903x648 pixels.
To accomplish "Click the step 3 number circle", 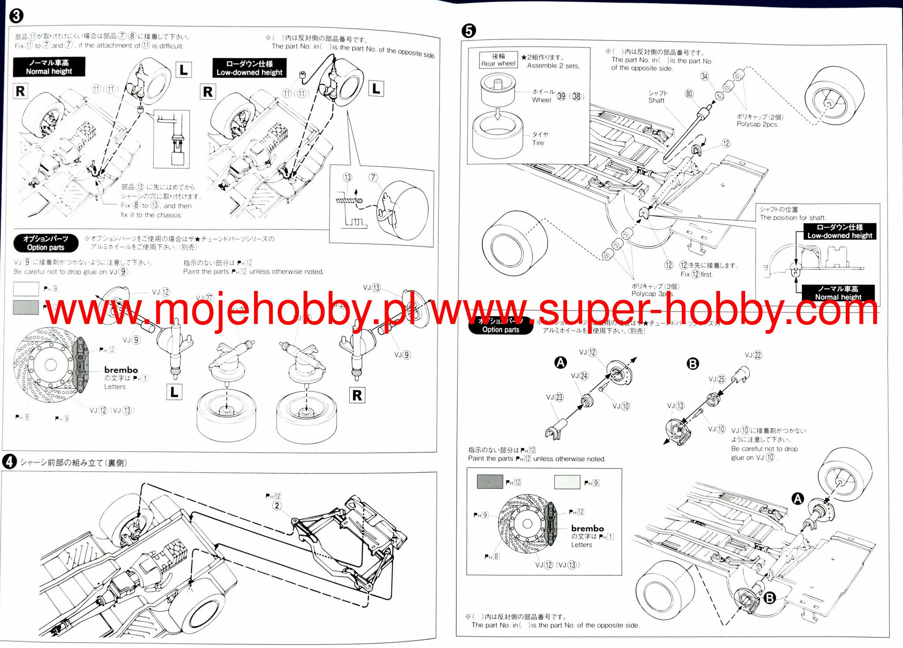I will (16, 16).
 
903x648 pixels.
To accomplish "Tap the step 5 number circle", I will (468, 31).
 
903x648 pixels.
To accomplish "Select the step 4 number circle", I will (9, 462).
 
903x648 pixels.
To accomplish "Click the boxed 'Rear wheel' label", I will (498, 60).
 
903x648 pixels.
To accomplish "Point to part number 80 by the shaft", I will (689, 93).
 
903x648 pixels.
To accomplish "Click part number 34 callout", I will (705, 76).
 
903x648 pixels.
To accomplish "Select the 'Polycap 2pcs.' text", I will (757, 124).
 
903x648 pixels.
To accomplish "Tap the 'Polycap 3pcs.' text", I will (653, 294).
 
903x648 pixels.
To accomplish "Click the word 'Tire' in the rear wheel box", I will (538, 143).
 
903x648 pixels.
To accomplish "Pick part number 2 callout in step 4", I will (277, 506).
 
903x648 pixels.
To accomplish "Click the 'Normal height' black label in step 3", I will (49, 67).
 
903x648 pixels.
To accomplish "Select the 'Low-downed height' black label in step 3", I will (249, 68).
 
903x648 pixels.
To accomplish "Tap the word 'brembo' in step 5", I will (587, 528).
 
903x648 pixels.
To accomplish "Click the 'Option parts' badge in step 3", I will (46, 243).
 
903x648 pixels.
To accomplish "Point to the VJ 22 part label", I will (753, 355).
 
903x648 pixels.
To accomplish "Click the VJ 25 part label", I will (717, 379).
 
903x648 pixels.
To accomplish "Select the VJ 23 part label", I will (555, 397).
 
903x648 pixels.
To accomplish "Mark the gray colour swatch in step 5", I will (490, 482).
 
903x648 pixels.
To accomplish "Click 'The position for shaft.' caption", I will (793, 218).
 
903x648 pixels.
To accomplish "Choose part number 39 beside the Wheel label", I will (561, 96).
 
